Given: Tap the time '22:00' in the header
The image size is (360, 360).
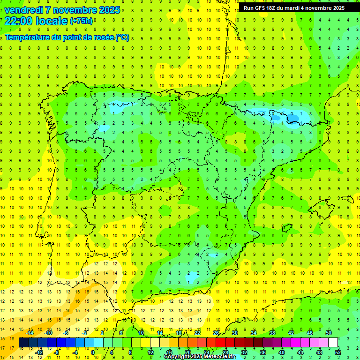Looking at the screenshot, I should pyautogui.click(x=17, y=21).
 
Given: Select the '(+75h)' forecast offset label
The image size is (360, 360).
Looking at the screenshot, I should pyautogui.click(x=81, y=21).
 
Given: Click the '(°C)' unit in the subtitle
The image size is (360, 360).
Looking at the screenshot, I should pyautogui.click(x=121, y=37).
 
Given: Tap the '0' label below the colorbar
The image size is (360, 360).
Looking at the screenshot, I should pyautogui.click(x=93, y=352).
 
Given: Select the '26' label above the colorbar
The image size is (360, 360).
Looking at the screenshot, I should pyautogui.click(x=216, y=333).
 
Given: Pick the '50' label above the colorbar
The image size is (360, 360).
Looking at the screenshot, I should pyautogui.click(x=329, y=333).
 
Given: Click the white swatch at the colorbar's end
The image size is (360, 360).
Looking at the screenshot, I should pyautogui.click(x=333, y=343).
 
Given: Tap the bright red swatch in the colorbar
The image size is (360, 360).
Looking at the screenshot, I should pyautogui.click(x=221, y=343).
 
